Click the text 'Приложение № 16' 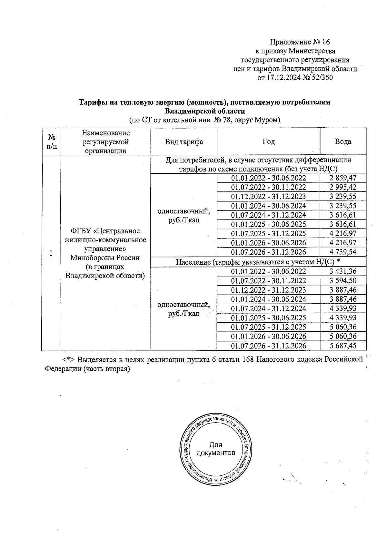(300, 42)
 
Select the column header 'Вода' (343, 142)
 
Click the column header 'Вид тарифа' (184, 142)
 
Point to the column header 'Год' (268, 142)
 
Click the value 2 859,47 (343, 178)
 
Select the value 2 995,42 (343, 187)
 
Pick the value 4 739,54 (343, 252)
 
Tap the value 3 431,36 (343, 271)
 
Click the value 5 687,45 (343, 346)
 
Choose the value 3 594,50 (343, 281)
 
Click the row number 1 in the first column (51, 253)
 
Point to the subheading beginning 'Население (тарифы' (258, 262)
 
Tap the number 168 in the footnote (248, 360)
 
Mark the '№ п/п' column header (51, 142)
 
